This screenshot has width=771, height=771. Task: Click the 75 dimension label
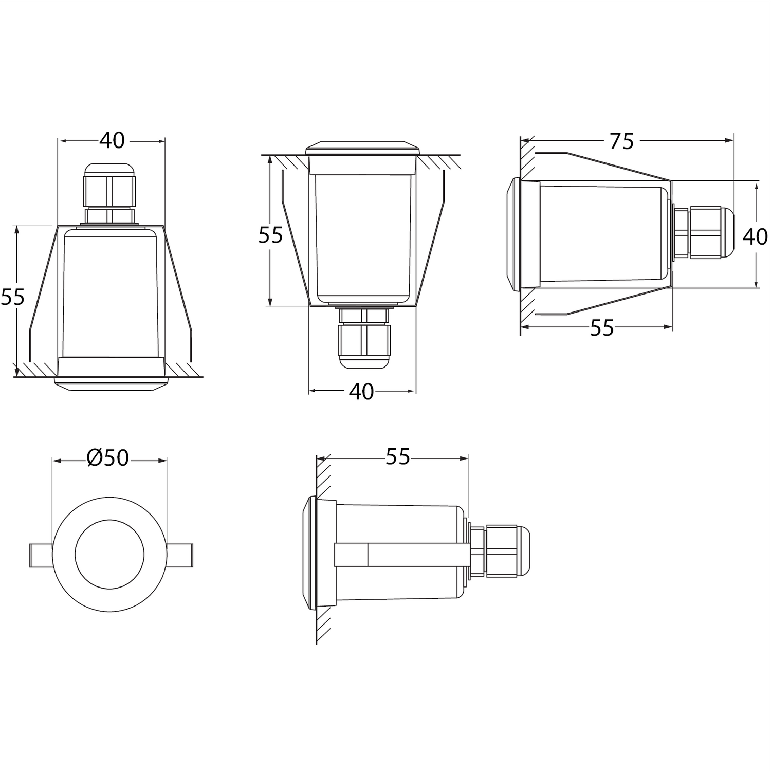(621, 141)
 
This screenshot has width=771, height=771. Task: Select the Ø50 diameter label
(108, 457)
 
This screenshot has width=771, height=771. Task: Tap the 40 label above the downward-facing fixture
(112, 140)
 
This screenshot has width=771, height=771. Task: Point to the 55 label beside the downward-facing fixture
(12, 297)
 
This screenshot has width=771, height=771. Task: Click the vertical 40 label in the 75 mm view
(756, 236)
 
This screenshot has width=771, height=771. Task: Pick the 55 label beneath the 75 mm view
(602, 328)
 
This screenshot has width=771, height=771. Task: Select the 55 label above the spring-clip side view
(398, 456)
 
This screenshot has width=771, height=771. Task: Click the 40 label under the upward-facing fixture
(361, 392)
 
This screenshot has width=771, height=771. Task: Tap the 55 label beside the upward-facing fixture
(270, 235)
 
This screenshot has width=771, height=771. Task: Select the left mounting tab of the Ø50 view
(41, 555)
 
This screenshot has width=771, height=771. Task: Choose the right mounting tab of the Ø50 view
(179, 555)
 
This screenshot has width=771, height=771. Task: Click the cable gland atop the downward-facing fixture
(109, 194)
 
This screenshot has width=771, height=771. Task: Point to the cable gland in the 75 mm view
(702, 232)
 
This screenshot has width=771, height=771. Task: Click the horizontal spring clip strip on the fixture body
(401, 555)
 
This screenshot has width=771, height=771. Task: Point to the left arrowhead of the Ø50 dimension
(58, 461)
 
